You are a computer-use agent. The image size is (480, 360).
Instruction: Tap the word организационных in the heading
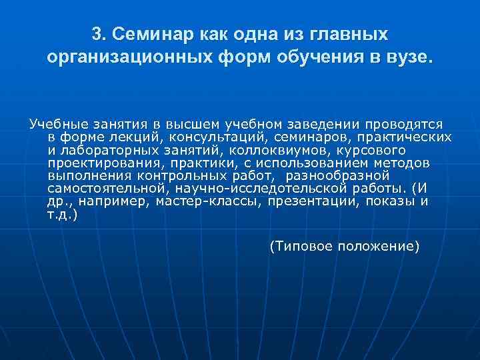[x=118, y=57]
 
